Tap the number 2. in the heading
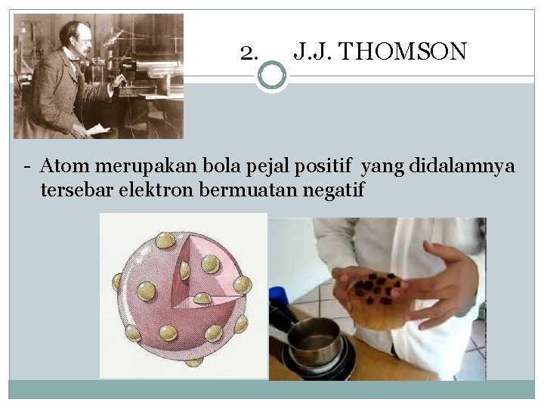[249, 52]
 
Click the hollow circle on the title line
[272, 76]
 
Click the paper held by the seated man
[98, 129]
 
